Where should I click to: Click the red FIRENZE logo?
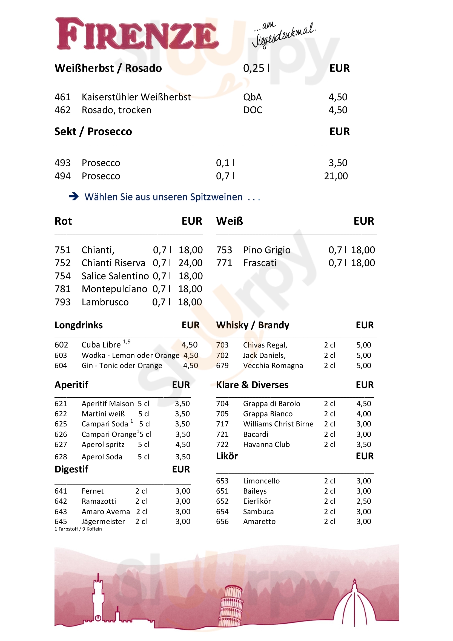click(137, 34)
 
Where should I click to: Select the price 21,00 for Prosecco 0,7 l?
click(336, 176)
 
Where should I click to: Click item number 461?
click(62, 97)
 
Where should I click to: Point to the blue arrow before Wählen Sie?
click(74, 196)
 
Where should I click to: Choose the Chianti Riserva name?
click(113, 263)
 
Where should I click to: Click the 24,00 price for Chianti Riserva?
click(191, 263)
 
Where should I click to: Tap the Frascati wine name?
click(260, 263)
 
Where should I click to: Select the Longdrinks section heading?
click(79, 325)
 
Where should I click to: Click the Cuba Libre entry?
click(101, 345)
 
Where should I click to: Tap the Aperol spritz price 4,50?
click(183, 445)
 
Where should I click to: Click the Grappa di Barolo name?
click(271, 404)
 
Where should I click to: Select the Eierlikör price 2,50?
click(364, 501)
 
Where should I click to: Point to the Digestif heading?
click(71, 469)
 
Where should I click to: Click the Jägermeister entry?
click(103, 522)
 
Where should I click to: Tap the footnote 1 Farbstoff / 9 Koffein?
click(78, 529)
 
